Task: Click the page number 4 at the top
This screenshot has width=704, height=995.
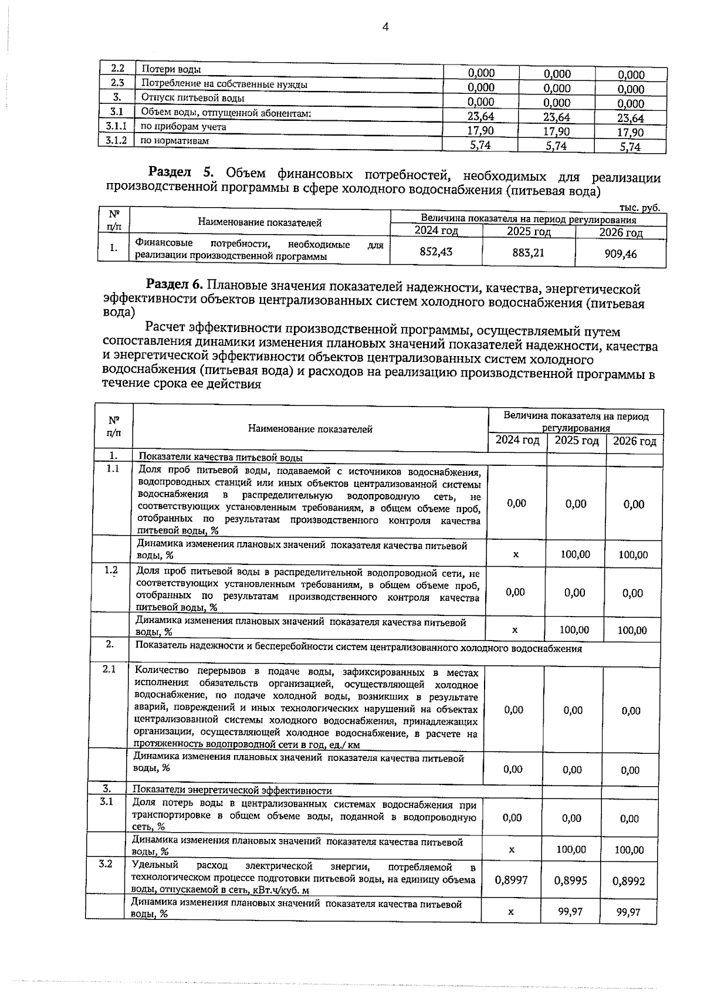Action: coord(385,26)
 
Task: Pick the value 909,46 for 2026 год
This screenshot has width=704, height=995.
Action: coord(620,253)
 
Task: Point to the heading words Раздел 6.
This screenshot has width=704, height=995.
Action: coord(174,285)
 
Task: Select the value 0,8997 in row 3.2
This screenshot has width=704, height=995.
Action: coord(512,879)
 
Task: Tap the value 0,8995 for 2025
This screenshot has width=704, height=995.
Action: coord(570,881)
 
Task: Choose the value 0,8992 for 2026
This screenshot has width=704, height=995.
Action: coord(628,881)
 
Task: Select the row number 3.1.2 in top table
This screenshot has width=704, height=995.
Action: coord(116,140)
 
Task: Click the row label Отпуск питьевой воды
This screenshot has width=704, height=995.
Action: coord(192,98)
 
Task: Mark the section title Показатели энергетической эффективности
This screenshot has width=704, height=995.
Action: coord(232,791)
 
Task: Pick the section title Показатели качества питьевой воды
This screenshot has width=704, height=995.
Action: coord(221,458)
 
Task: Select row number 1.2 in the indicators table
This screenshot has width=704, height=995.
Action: coord(111,570)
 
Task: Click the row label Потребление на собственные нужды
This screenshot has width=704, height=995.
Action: coord(225,84)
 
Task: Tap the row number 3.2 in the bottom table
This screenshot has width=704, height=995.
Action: coord(106,864)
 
